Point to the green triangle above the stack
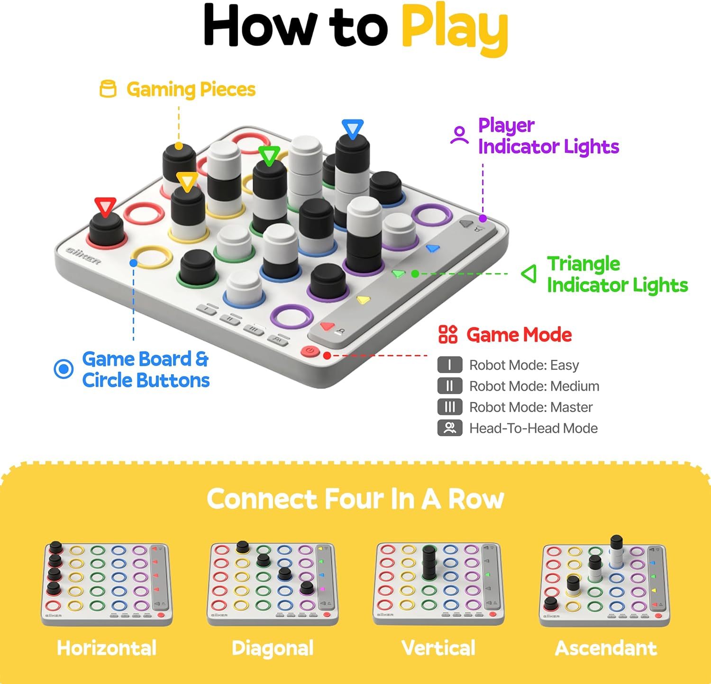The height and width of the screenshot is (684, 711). tap(269, 155)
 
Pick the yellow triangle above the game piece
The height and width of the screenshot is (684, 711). tap(187, 181)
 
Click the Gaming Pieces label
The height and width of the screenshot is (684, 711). tap(191, 90)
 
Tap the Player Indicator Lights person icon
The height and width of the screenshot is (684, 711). tap(459, 135)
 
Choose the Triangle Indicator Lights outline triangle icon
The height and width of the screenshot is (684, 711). tap(529, 274)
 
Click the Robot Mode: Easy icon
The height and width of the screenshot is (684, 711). tap(449, 365)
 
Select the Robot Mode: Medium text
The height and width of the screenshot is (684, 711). tap(534, 386)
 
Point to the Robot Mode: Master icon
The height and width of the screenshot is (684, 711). tap(449, 407)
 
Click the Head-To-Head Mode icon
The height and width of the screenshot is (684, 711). tap(449, 428)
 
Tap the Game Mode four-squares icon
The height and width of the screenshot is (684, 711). tap(448, 334)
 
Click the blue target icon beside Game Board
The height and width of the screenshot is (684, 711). tap(64, 369)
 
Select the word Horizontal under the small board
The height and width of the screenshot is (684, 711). tap(107, 648)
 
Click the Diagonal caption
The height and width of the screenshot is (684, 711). tap(273, 648)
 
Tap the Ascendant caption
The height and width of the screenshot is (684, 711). tap(606, 648)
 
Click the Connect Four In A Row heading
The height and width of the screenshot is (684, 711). tap(355, 499)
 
